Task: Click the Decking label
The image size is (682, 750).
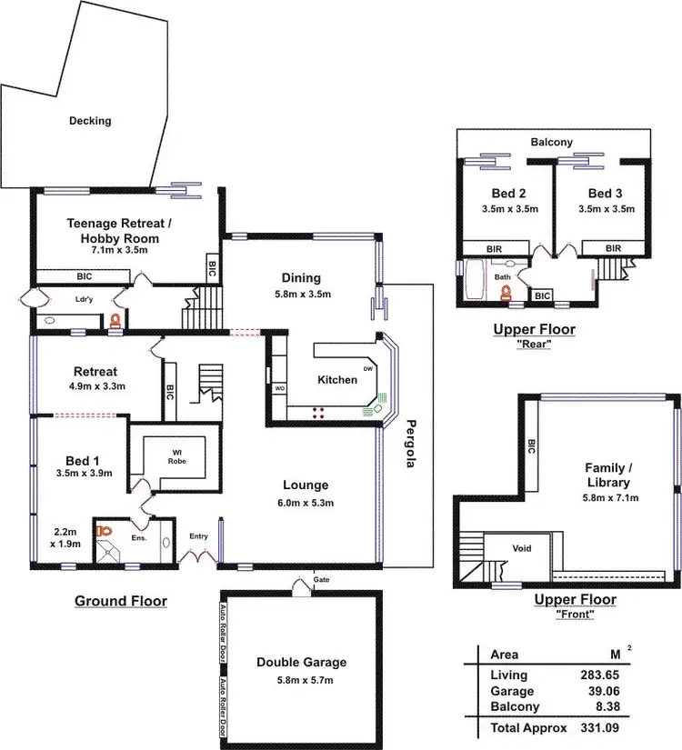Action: click(89, 121)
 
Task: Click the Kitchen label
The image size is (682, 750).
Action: click(336, 379)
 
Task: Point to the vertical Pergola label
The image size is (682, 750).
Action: click(410, 444)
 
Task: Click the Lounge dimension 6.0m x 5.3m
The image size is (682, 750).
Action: click(305, 502)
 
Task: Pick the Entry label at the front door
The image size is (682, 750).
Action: click(198, 536)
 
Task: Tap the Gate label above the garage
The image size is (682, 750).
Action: click(322, 579)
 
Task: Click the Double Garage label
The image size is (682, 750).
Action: click(301, 662)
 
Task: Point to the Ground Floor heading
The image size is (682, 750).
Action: click(120, 601)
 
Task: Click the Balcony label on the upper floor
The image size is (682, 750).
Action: click(552, 142)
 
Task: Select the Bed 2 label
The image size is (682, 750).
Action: click(509, 194)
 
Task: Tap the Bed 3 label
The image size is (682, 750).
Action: click(605, 194)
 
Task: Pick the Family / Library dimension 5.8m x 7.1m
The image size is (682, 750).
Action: click(611, 497)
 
